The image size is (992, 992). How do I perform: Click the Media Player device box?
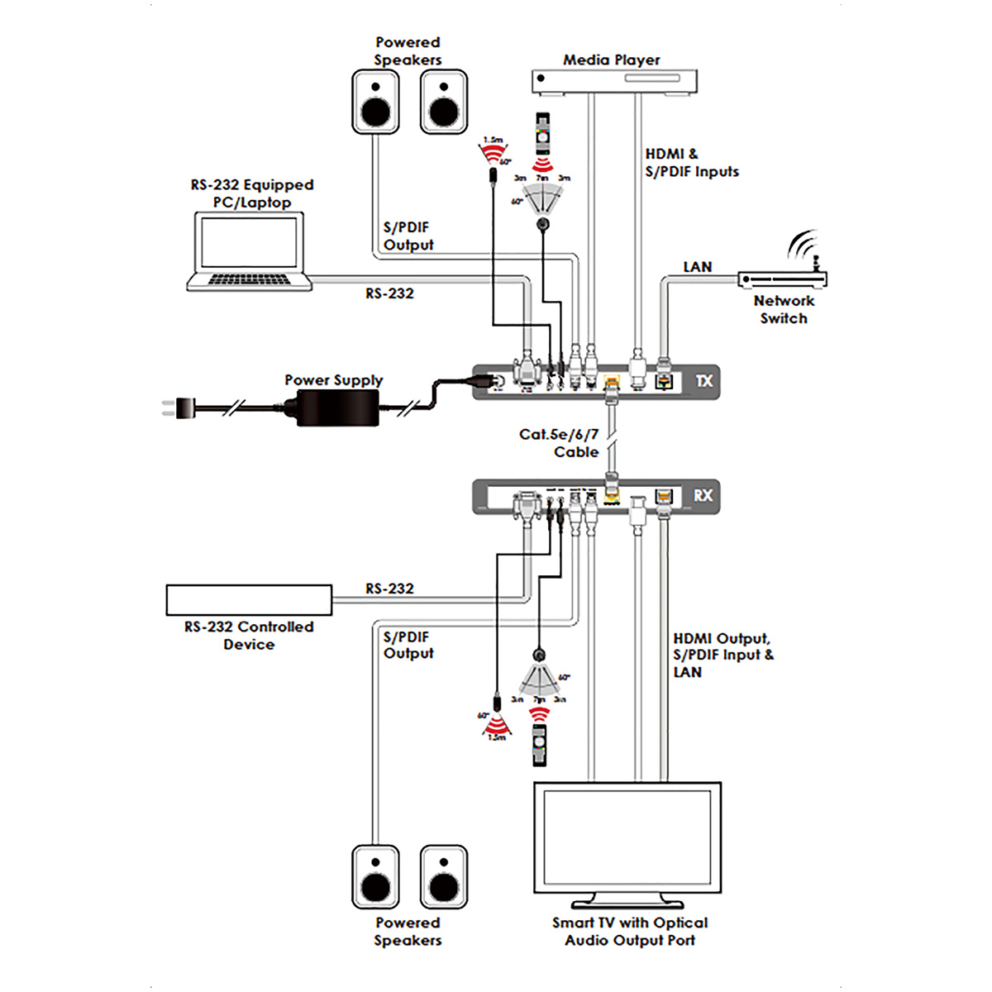pos(613,81)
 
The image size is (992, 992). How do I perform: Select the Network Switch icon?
pos(782,279)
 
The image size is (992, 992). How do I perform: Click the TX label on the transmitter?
pos(703,381)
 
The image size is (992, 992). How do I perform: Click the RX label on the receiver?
pos(703,495)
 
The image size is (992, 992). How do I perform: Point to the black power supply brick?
pos(337,407)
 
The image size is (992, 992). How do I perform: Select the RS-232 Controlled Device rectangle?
pos(249,600)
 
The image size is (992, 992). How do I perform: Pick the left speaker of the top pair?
pos(376,102)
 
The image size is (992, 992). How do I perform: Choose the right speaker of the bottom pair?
pos(444,877)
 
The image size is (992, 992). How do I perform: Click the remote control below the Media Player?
pos(542,133)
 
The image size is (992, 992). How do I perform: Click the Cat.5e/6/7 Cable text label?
pos(560,443)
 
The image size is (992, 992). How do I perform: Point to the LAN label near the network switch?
pos(697,267)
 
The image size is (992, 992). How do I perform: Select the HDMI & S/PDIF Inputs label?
pos(691,163)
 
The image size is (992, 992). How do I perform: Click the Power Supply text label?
pos(333,380)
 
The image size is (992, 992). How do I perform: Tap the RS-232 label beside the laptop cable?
pos(389,293)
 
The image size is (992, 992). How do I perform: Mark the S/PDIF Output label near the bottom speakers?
pos(408,645)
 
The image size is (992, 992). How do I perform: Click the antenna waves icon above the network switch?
pos(802,245)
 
